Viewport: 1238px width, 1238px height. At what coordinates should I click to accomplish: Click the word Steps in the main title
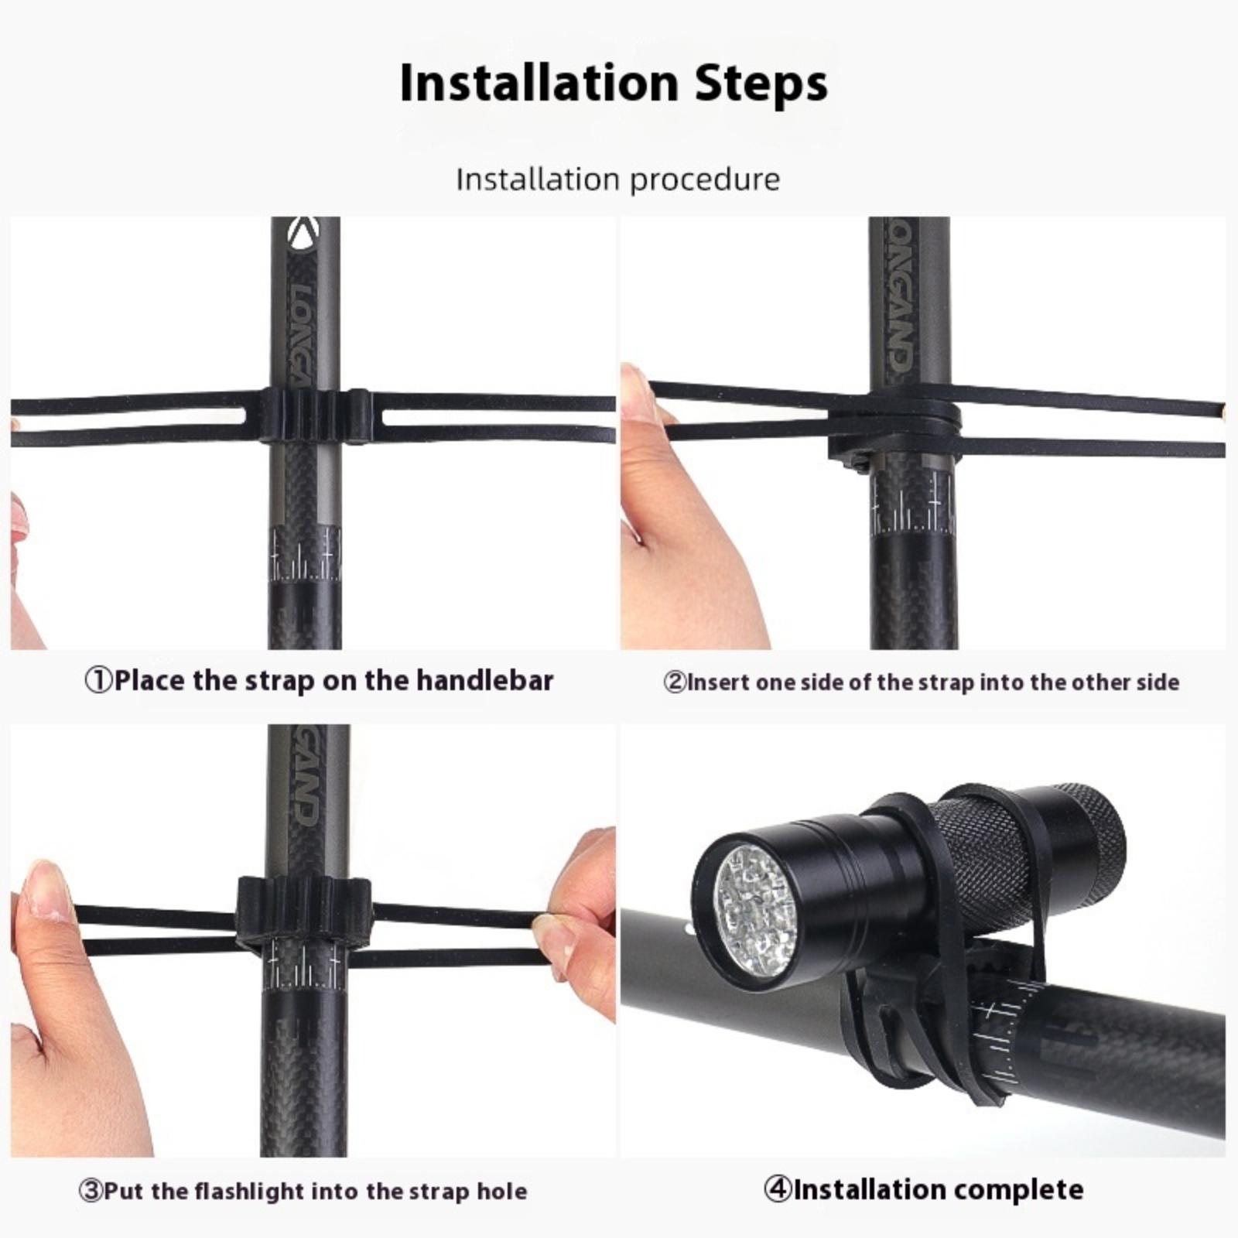(x=761, y=84)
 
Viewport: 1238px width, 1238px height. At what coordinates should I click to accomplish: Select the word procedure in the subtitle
(x=705, y=180)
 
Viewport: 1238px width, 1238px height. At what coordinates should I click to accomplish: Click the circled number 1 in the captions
(x=98, y=681)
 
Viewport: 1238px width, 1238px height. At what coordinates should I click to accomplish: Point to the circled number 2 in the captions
(x=675, y=682)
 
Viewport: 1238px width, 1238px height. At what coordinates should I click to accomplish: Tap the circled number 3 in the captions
(x=91, y=1190)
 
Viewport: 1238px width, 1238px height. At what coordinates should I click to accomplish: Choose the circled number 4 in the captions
(x=777, y=1188)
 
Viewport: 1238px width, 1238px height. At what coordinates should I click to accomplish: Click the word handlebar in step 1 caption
(x=485, y=680)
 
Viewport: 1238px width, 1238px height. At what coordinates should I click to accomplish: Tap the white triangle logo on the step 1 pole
(x=303, y=234)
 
